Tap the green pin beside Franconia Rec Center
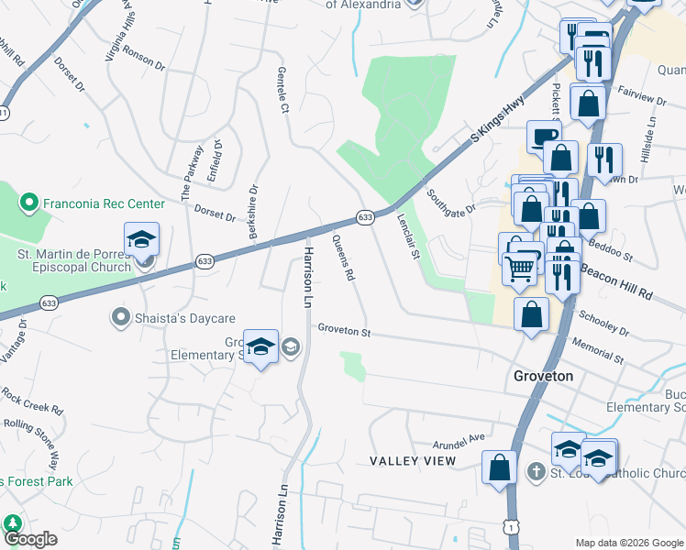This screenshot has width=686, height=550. pyautogui.click(x=28, y=203)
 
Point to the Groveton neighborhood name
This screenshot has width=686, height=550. pyautogui.click(x=543, y=376)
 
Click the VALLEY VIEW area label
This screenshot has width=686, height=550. pyautogui.click(x=413, y=460)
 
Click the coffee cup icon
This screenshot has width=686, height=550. pyautogui.click(x=544, y=137)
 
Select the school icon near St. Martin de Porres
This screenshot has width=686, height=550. pyautogui.click(x=142, y=240)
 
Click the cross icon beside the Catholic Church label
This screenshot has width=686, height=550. pyautogui.click(x=536, y=472)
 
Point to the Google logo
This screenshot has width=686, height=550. pyautogui.click(x=30, y=539)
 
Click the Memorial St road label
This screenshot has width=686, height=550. pyautogui.click(x=597, y=346)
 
